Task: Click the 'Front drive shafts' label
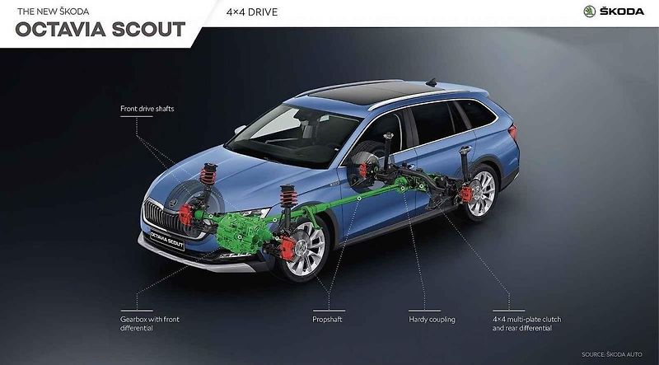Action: (147, 109)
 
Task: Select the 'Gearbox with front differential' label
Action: (150, 323)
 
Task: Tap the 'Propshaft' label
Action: (327, 320)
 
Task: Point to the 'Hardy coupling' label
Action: (432, 320)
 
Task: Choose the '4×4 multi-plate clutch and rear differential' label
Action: (526, 323)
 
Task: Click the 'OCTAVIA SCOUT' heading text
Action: (100, 30)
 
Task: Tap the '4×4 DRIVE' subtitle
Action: (252, 12)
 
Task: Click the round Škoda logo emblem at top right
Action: (590, 12)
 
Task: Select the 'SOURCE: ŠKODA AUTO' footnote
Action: (612, 354)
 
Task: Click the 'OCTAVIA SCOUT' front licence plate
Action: (167, 239)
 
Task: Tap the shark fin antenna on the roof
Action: (431, 82)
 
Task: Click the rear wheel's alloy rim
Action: (481, 194)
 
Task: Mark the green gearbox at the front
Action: (239, 232)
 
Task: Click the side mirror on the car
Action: (240, 129)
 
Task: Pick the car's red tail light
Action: (512, 132)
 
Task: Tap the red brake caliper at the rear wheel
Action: (466, 194)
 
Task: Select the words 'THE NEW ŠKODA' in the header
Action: (54, 12)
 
